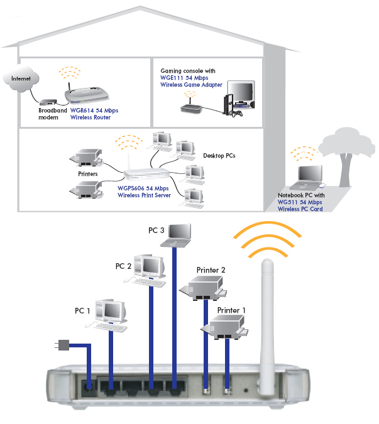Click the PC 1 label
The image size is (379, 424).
(x=83, y=311)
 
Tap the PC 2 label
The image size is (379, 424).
(x=123, y=266)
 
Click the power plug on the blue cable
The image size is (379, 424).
(x=62, y=345)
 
